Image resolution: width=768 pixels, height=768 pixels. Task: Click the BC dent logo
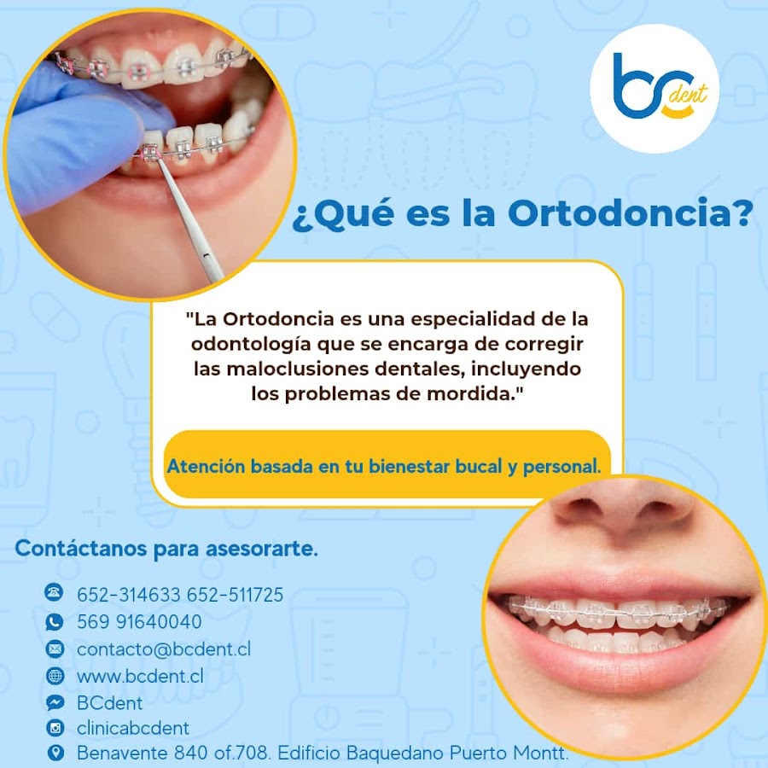pyautogui.click(x=655, y=89)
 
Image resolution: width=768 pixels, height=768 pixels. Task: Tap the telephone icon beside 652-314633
pyautogui.click(x=55, y=593)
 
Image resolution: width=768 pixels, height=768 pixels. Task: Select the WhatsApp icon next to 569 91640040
pyautogui.click(x=55, y=621)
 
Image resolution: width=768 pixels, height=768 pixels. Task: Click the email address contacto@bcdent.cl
pyautogui.click(x=164, y=649)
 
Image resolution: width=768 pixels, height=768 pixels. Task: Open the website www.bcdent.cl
pyautogui.click(x=140, y=676)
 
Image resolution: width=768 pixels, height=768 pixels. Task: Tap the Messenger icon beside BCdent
pyautogui.click(x=55, y=702)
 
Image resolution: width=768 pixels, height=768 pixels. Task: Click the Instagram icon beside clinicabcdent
pyautogui.click(x=55, y=728)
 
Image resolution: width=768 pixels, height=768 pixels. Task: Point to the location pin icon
pyautogui.click(x=55, y=753)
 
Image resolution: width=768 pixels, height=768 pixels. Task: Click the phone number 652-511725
pyautogui.click(x=236, y=595)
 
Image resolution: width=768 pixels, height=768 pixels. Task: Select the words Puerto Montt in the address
pyautogui.click(x=509, y=753)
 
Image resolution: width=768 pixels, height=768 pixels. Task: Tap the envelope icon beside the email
pyautogui.click(x=55, y=649)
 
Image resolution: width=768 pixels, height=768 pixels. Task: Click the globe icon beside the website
pyautogui.click(x=55, y=676)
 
